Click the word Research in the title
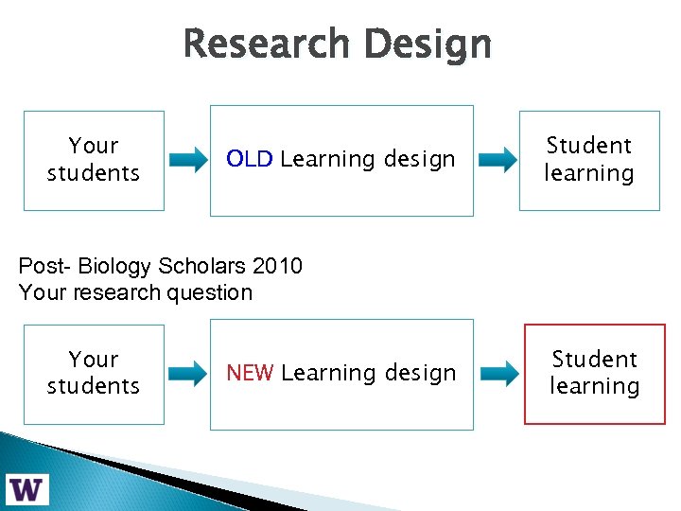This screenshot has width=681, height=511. [268, 44]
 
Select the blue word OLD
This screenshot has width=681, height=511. [250, 160]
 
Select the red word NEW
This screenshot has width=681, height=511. [250, 374]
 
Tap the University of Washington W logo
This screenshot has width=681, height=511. [27, 489]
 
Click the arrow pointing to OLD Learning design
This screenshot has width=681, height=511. [188, 160]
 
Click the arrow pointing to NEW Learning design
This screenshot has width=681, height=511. [188, 373]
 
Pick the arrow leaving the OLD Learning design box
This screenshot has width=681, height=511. [498, 160]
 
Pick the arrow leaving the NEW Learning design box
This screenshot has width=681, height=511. [498, 373]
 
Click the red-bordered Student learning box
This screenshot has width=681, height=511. [595, 374]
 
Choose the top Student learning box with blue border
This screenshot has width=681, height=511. [588, 160]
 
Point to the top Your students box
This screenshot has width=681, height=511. [94, 160]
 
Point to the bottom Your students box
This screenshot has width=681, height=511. [94, 374]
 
